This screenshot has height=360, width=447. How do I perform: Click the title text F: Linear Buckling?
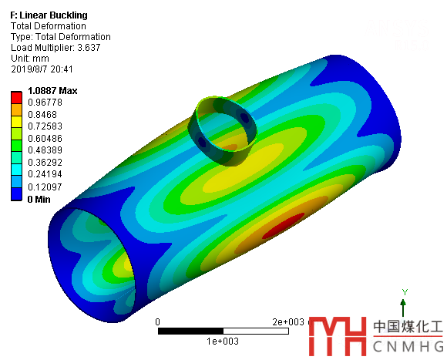(49, 15)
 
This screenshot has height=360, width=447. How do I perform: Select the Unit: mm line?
(30, 59)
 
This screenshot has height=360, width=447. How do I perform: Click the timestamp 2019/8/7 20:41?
(42, 69)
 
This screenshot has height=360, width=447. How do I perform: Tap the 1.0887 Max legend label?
(52, 91)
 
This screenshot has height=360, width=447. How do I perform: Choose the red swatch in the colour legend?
(16, 97)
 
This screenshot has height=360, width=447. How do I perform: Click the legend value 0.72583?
(45, 126)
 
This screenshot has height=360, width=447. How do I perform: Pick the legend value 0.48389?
(45, 150)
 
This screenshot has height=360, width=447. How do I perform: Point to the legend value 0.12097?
(45, 187)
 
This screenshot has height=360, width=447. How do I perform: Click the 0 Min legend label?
(39, 199)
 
